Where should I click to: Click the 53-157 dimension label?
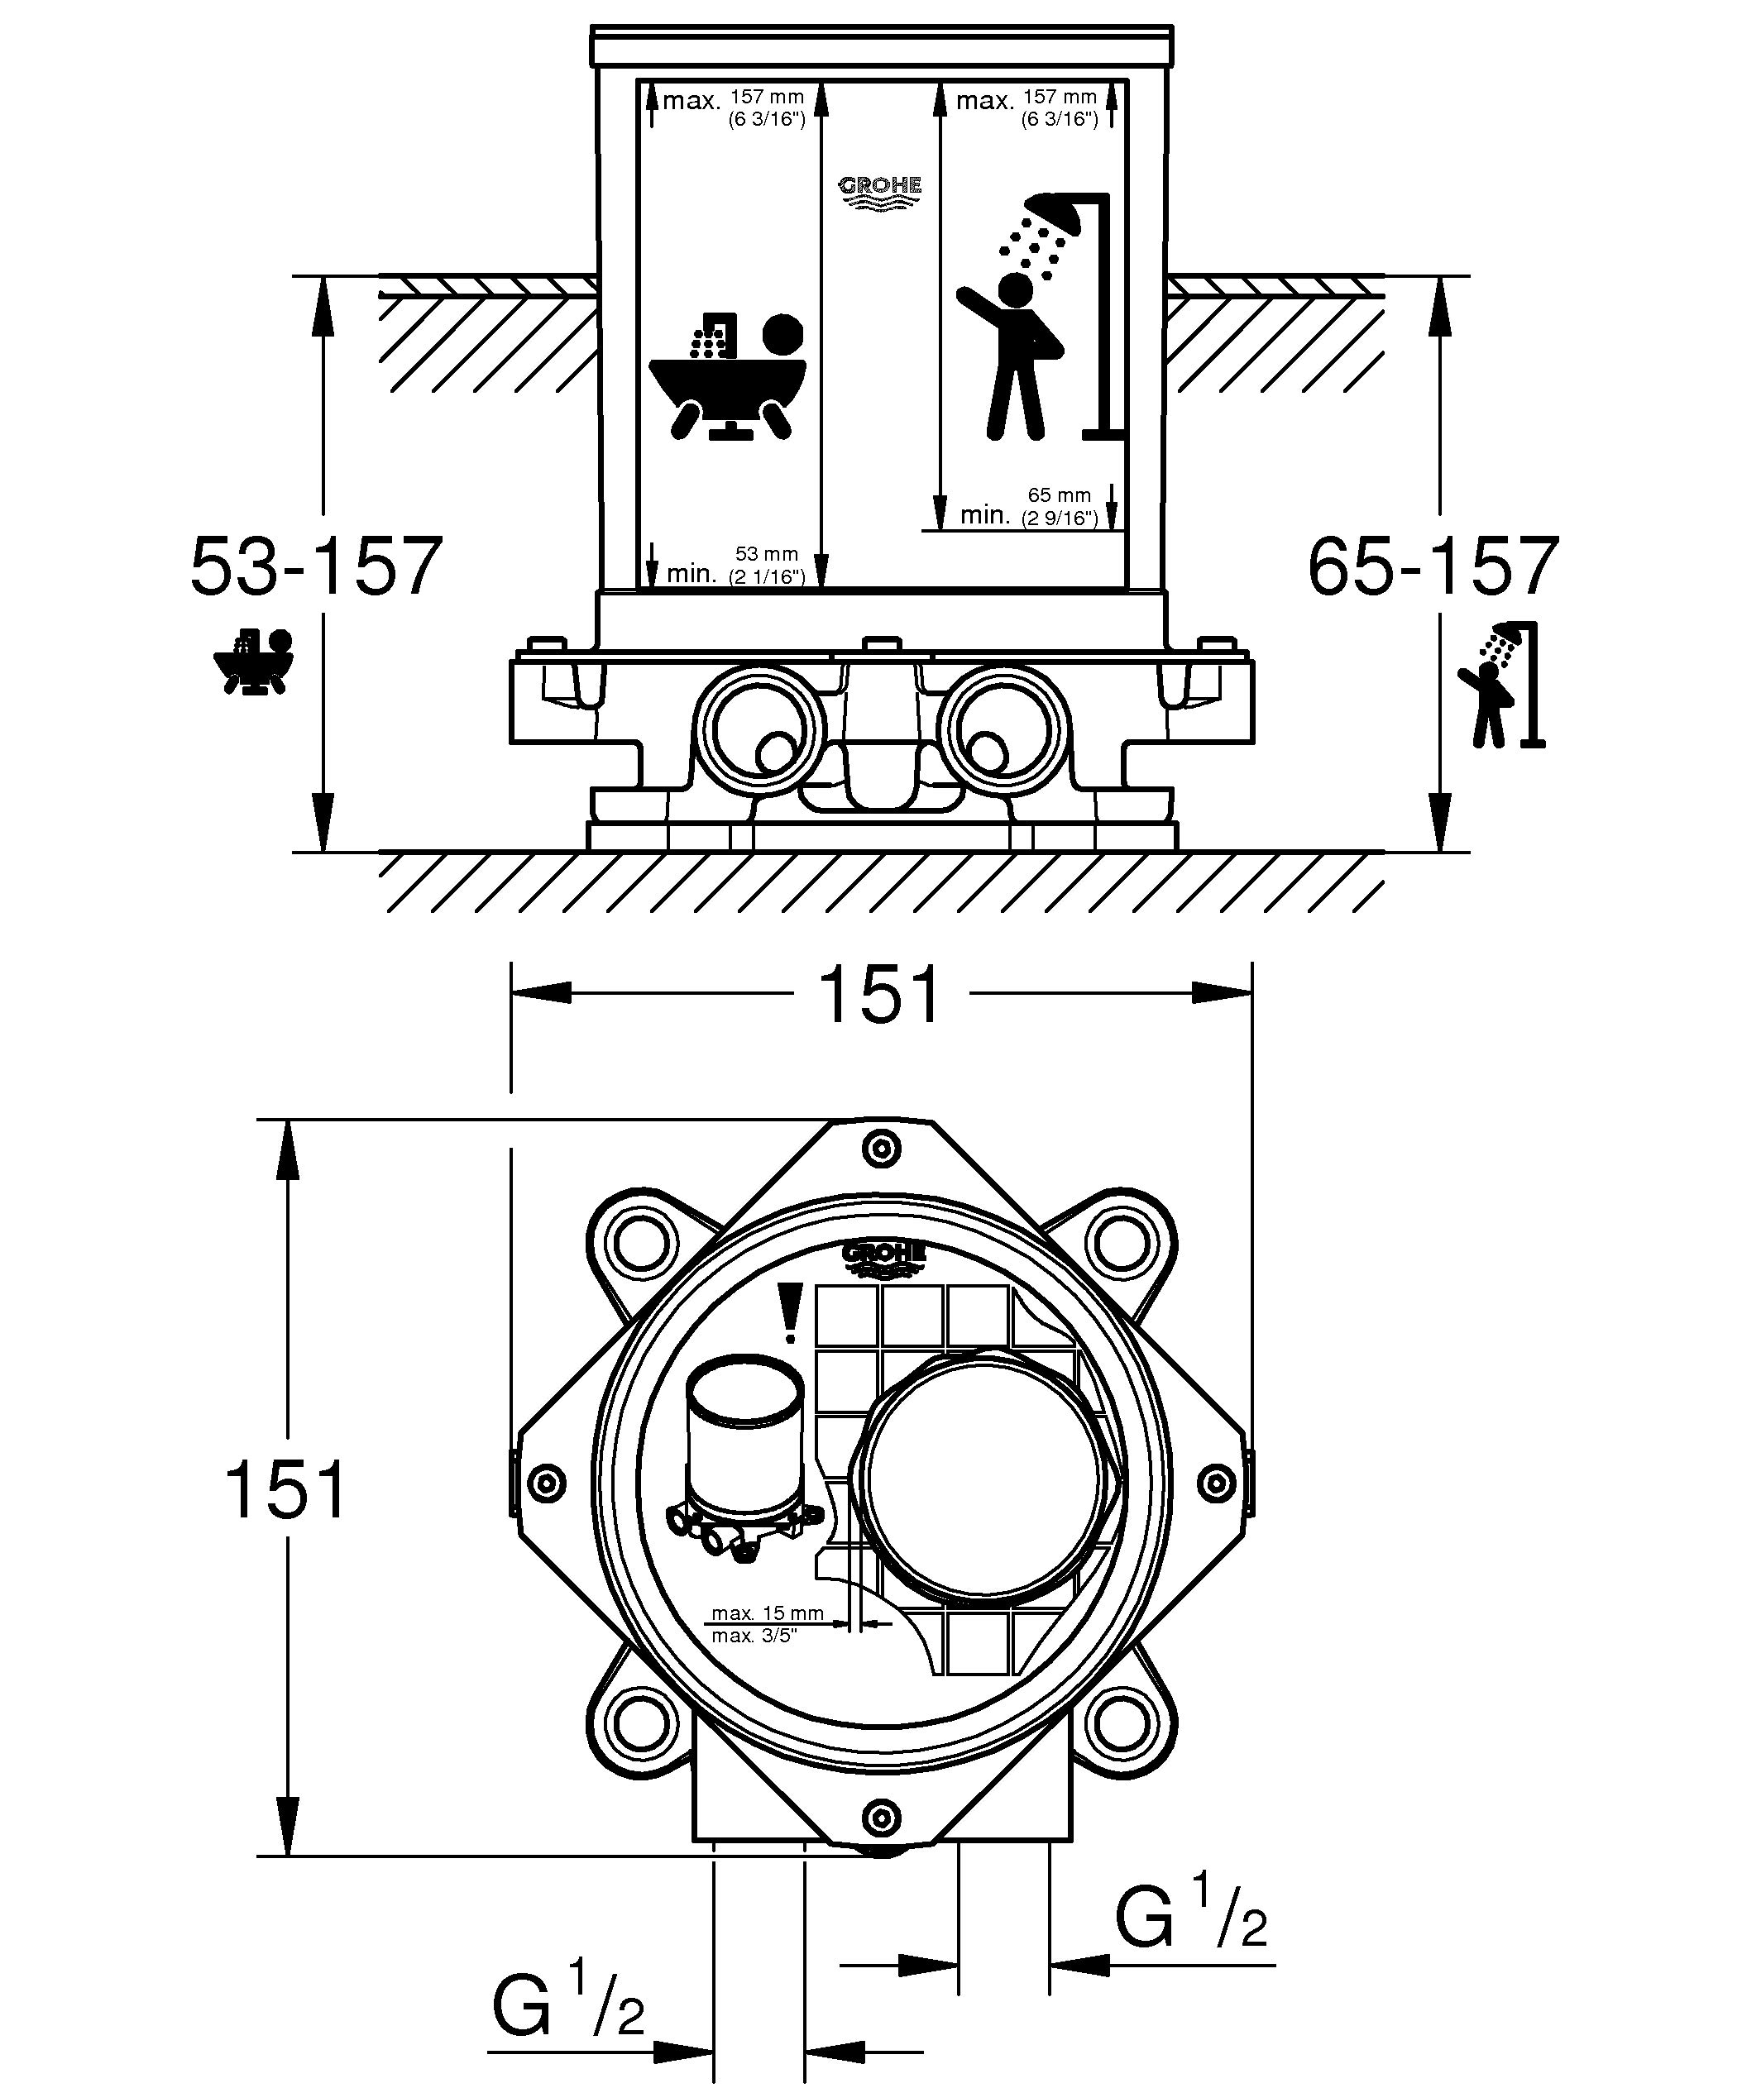[316, 566]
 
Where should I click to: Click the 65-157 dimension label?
[1433, 566]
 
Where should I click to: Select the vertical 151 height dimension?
[286, 1489]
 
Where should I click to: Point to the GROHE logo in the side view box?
[881, 192]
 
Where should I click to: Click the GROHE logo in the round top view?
[884, 1258]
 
